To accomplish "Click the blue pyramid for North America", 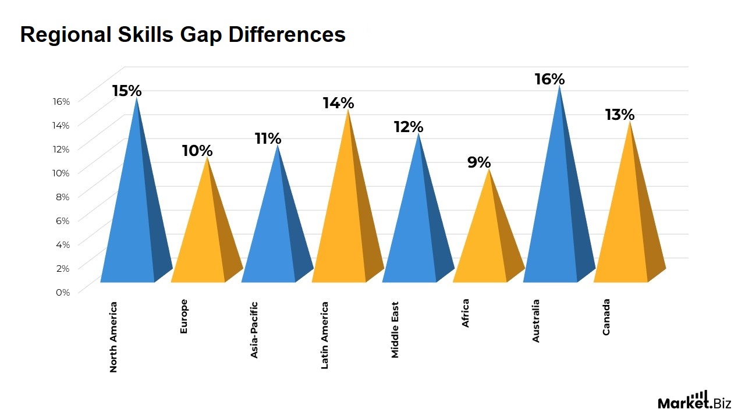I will [x=135, y=221].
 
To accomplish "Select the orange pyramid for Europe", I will [x=205, y=239].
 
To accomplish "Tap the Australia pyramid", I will [x=558, y=215].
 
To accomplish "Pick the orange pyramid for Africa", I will [x=487, y=244].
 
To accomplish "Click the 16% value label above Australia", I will [x=549, y=79].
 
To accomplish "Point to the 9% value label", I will [x=479, y=162].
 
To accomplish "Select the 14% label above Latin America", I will [x=338, y=103].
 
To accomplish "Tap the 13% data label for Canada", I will [x=619, y=115].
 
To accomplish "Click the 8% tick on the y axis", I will [x=62, y=197].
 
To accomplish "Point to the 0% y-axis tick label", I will [x=62, y=292].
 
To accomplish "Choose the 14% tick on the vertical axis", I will [x=61, y=125].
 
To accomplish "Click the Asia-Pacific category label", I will [x=254, y=329].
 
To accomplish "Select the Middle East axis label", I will [x=395, y=329].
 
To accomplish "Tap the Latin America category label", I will [x=325, y=335].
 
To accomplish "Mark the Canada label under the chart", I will [x=606, y=317].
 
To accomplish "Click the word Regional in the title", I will [x=65, y=35].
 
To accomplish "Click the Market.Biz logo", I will [x=694, y=401].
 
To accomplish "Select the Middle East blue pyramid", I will [x=416, y=227].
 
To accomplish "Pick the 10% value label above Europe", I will [x=197, y=151].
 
